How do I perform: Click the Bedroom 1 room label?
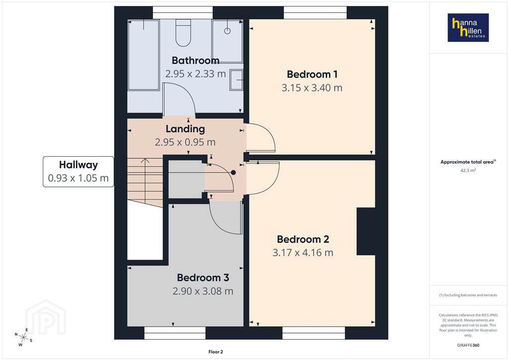(312, 75)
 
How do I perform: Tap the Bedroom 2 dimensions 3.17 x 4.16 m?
(303, 253)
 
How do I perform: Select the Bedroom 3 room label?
(203, 277)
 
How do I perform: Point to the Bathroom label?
(195, 60)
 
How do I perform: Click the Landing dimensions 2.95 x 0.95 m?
(185, 142)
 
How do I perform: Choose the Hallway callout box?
(78, 172)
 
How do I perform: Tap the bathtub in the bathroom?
(143, 55)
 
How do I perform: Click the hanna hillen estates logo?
(468, 27)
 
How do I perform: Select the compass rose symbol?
(23, 337)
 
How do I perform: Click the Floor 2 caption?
(216, 352)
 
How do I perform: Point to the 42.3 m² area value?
(468, 171)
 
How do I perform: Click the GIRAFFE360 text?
(468, 345)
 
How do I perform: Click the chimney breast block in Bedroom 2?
(366, 231)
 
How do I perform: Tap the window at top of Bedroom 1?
(315, 12)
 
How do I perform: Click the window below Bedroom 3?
(174, 333)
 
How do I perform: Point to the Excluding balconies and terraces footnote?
(468, 295)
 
